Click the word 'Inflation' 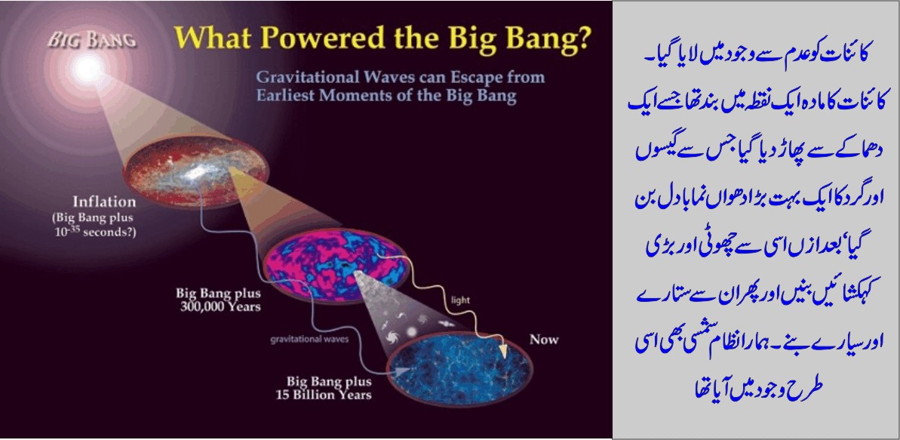(103, 202)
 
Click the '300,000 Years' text (218, 307)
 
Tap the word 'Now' (543, 339)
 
